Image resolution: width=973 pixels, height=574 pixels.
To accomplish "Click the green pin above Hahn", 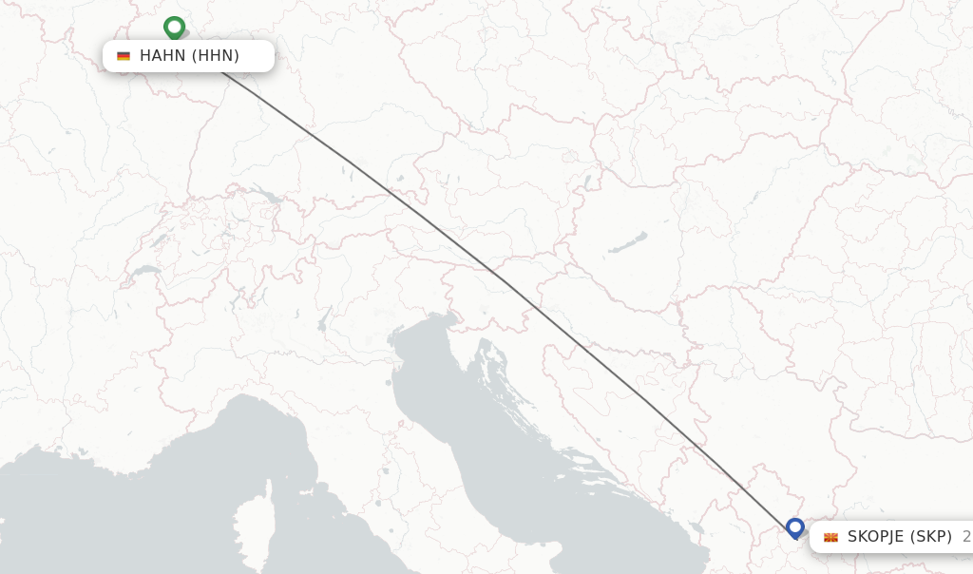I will point(174,28).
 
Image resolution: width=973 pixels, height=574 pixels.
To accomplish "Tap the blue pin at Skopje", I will point(795,527).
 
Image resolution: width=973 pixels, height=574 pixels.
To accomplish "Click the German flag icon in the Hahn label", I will point(124,56).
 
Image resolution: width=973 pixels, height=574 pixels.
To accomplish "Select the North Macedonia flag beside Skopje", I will point(830,538).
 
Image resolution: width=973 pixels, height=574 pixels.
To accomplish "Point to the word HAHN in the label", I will point(162,56).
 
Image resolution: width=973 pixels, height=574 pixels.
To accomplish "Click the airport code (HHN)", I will point(216,56).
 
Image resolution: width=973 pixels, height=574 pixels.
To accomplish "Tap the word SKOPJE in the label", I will point(876,537).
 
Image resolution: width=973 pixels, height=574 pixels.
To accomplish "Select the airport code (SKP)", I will point(931,537).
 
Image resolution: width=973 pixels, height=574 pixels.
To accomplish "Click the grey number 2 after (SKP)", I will point(966,537).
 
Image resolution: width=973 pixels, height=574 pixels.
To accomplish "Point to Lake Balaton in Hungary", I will point(628,242).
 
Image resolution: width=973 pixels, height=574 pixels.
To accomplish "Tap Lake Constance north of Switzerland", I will point(263,198).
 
